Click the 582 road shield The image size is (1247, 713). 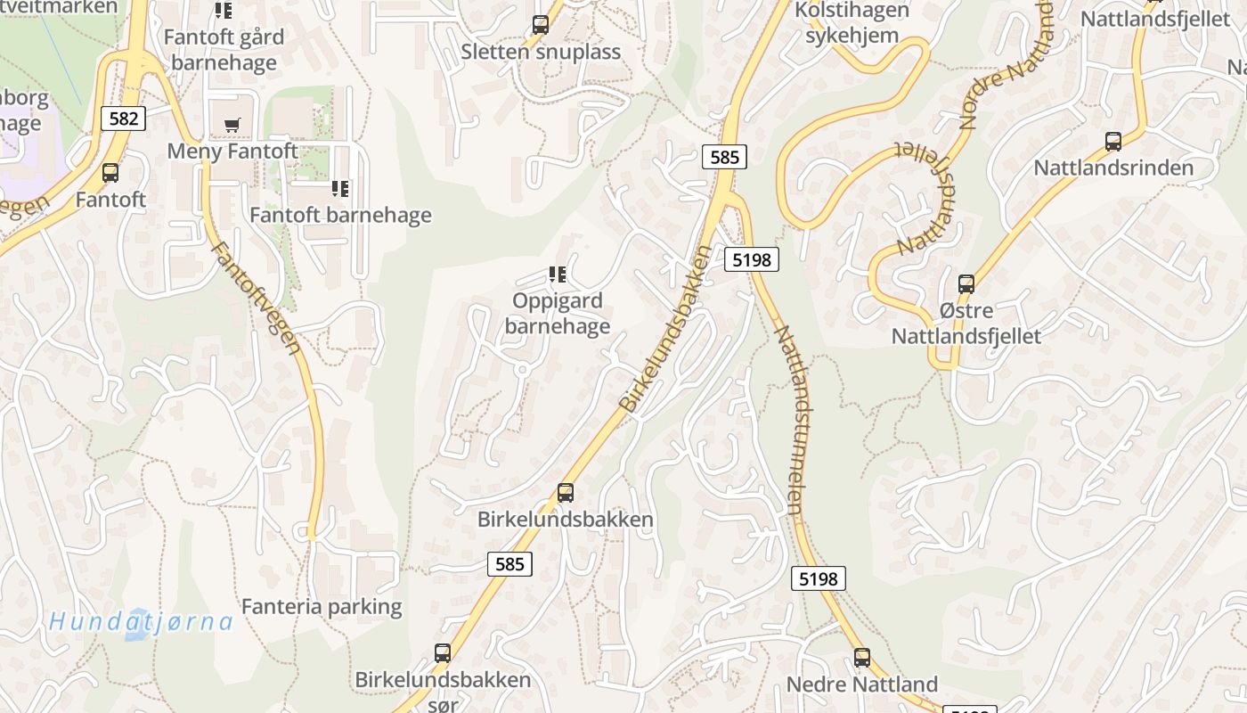pyautogui.click(x=123, y=119)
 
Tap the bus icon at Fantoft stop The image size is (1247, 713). pyautogui.click(x=110, y=173)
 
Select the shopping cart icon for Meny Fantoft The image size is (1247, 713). pyautogui.click(x=232, y=126)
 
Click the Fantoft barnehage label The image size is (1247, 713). pyautogui.click(x=340, y=215)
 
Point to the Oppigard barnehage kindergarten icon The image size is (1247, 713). pyautogui.click(x=558, y=275)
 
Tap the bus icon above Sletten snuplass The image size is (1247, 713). pyautogui.click(x=541, y=25)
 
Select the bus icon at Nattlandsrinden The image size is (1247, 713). pyautogui.click(x=1113, y=142)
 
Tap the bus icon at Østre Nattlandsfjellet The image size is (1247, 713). pyautogui.click(x=966, y=284)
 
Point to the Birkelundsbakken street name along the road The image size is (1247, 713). pyautogui.click(x=667, y=329)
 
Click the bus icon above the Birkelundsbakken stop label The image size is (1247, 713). pyautogui.click(x=566, y=493)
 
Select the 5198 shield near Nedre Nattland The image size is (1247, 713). pyautogui.click(x=818, y=578)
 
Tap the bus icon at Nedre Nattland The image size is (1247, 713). pyautogui.click(x=862, y=658)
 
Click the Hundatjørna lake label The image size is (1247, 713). pyautogui.click(x=141, y=621)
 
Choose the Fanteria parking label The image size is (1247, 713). pyautogui.click(x=322, y=607)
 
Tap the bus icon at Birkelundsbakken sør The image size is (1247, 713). pyautogui.click(x=443, y=653)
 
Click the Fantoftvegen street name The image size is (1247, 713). pyautogui.click(x=257, y=298)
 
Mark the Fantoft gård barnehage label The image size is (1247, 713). pyautogui.click(x=224, y=50)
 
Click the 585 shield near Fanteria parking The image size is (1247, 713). pyautogui.click(x=509, y=563)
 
